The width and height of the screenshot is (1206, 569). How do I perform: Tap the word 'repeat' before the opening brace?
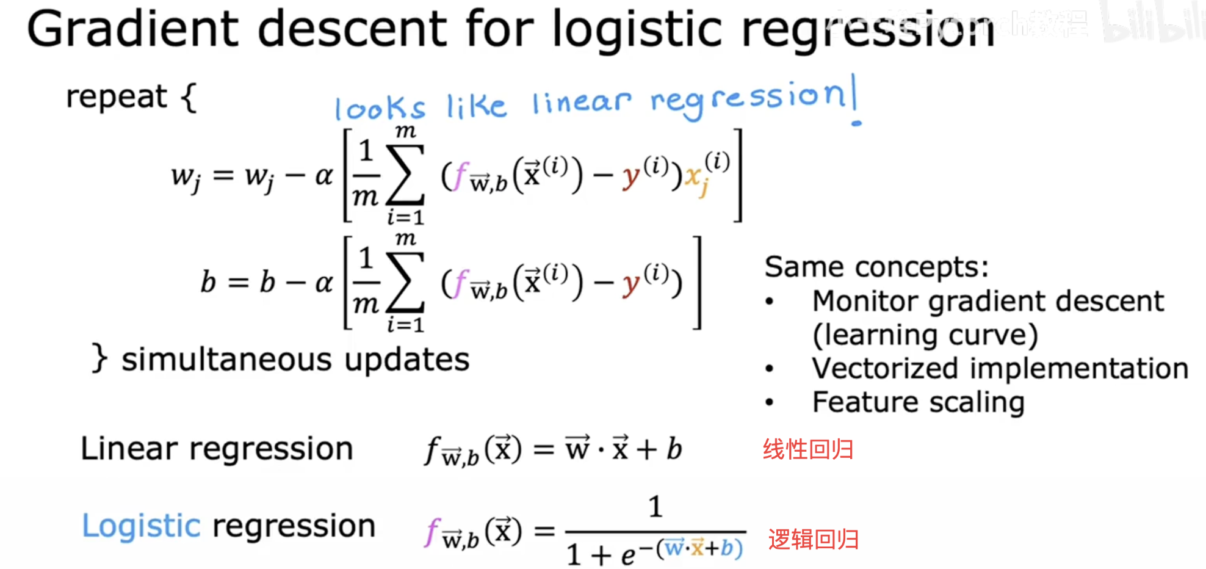(x=116, y=96)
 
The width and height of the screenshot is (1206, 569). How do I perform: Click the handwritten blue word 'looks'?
(x=380, y=108)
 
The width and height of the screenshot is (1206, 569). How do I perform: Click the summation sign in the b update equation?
(x=405, y=282)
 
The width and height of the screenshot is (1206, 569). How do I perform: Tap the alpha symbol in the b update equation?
(x=323, y=283)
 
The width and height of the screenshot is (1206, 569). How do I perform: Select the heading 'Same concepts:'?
(x=876, y=267)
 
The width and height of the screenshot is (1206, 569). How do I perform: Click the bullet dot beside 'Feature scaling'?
(x=770, y=402)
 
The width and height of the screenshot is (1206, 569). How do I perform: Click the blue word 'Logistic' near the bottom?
(x=141, y=526)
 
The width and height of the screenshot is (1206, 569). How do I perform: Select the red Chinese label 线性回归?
(x=808, y=450)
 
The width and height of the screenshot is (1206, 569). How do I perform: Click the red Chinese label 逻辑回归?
(x=813, y=540)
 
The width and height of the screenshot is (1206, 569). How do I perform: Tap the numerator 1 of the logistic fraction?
(x=655, y=507)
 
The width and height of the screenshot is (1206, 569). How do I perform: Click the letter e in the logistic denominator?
(x=629, y=556)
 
